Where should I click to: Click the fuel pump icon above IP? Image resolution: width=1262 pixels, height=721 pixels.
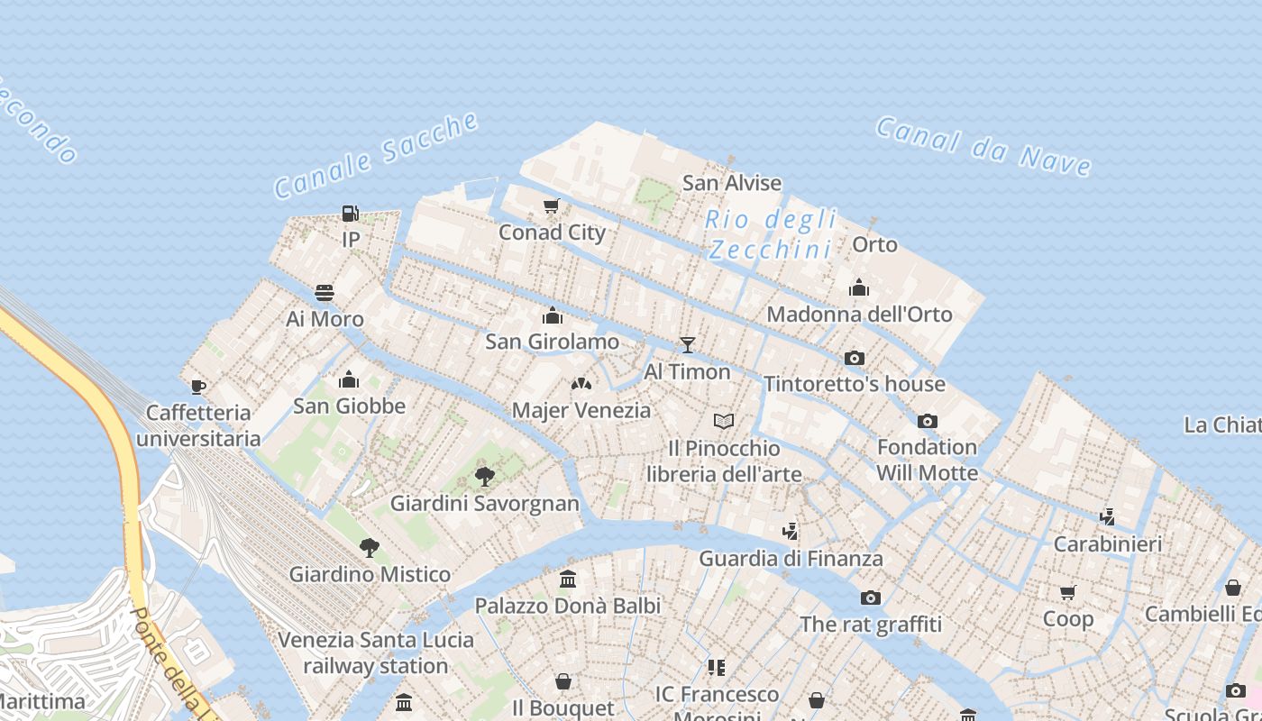click(350, 214)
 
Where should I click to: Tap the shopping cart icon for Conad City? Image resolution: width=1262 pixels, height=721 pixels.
click(552, 206)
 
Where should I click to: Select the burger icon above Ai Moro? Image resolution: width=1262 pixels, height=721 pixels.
click(325, 293)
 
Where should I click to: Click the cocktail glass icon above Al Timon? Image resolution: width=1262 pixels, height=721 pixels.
click(688, 344)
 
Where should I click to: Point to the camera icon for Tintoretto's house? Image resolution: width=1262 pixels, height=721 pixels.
click(855, 358)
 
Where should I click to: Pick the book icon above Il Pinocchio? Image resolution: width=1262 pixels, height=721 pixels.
click(724, 421)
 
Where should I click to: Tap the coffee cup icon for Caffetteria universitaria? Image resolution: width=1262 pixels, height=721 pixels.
click(198, 387)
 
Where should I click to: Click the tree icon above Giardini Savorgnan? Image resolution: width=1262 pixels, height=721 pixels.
click(485, 476)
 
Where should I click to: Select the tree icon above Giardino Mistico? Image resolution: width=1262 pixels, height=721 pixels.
click(369, 547)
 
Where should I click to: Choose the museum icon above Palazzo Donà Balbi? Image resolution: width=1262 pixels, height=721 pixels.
click(568, 579)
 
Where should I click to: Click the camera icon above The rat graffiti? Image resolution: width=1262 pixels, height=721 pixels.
click(870, 597)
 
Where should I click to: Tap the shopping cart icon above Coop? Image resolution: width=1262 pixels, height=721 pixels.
click(1068, 592)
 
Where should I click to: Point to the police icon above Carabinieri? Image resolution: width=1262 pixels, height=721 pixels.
click(1108, 517)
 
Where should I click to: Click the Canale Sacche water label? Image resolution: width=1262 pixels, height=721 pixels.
click(376, 155)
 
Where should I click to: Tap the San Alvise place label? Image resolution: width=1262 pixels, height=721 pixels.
click(732, 183)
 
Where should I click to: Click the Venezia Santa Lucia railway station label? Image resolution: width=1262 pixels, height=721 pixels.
click(376, 653)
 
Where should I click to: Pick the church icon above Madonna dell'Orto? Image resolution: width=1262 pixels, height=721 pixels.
click(859, 287)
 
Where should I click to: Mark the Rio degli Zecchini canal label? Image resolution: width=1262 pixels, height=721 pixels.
click(772, 233)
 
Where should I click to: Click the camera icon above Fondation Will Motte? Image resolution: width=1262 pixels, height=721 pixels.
click(927, 421)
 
